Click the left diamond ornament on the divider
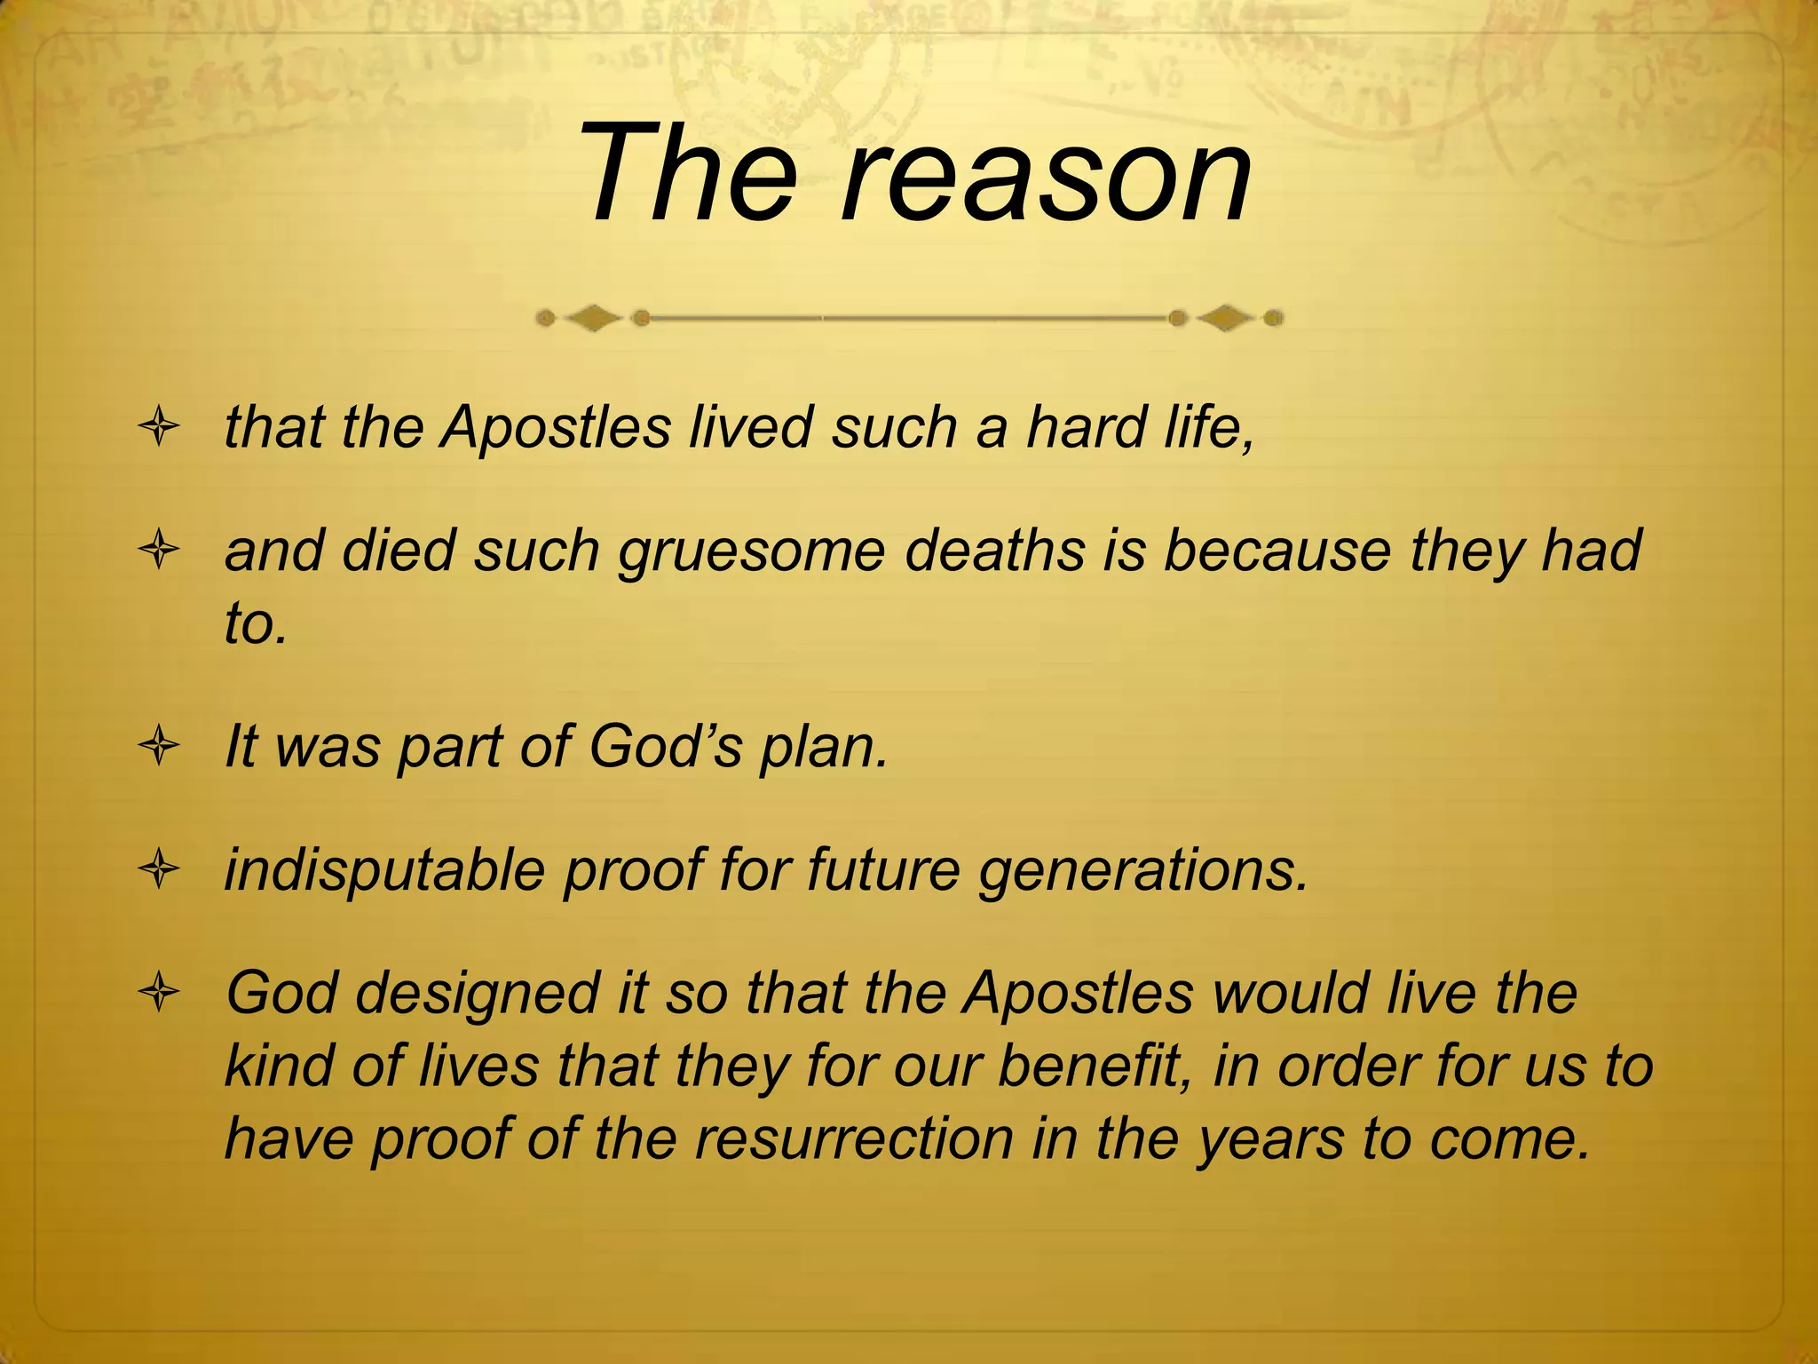coord(593,317)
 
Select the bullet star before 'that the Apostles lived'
coord(160,429)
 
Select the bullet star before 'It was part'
coord(160,747)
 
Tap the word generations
coord(1142,870)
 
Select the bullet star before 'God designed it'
coord(160,994)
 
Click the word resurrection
coord(854,1138)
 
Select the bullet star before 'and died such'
coord(160,551)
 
